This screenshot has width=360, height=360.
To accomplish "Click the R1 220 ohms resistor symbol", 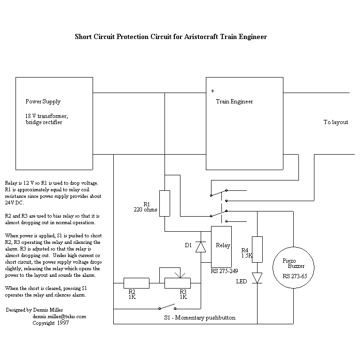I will point(164,203).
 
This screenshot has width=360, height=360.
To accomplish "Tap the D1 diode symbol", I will point(201,246).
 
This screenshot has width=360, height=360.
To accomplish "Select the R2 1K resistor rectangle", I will point(136,283).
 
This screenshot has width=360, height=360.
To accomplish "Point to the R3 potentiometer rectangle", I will point(177,283).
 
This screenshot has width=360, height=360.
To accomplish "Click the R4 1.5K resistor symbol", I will point(257,249).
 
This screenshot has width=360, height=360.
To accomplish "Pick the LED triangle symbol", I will point(257,278).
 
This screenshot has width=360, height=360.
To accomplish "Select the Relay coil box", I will point(221,246).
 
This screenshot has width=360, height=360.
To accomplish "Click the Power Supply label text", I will point(43,102).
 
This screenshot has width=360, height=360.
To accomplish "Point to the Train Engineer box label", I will point(234,102).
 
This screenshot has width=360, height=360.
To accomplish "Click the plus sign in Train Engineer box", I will point(212,91).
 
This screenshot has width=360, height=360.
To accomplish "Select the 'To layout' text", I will point(336,122).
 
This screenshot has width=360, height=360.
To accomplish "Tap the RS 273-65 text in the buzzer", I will point(295,276).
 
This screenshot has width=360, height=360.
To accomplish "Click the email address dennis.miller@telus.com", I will point(59,316).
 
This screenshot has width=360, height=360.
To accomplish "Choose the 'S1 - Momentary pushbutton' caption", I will point(200,318).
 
